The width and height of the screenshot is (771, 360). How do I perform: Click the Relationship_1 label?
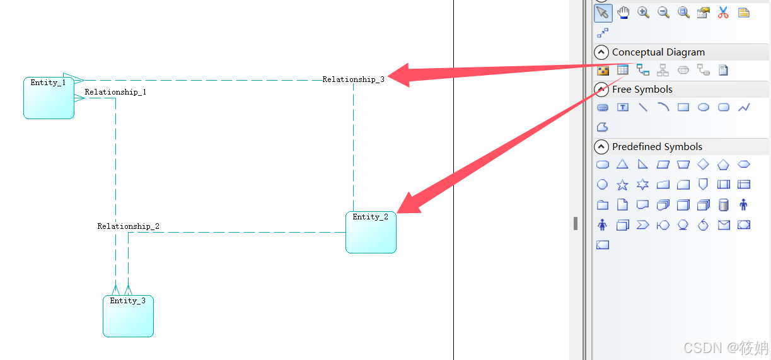[x=116, y=92]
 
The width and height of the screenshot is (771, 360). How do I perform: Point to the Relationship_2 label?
[x=128, y=226]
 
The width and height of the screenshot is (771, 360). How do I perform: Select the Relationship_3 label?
[x=353, y=79]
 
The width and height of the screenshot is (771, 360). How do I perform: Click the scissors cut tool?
[x=723, y=12]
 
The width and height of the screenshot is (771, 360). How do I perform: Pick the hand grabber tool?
[x=623, y=12]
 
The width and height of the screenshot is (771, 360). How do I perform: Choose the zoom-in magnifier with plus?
[x=643, y=12]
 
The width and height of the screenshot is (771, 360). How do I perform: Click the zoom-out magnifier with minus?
[x=663, y=12]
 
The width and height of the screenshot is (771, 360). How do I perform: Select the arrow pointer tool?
[x=603, y=12]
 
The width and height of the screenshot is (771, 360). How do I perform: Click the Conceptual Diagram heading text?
[x=658, y=52]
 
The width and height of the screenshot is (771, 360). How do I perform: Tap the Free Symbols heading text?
[x=642, y=90]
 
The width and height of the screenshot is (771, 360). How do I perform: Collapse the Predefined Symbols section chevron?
[x=601, y=147]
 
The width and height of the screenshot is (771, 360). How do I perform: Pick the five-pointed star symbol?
[x=622, y=185]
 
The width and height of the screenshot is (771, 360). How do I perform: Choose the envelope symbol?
[x=724, y=224]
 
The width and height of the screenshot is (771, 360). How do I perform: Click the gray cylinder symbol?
[x=724, y=204]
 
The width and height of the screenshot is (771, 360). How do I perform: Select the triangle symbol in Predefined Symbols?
[x=622, y=165]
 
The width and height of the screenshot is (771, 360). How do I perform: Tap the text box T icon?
[x=623, y=107]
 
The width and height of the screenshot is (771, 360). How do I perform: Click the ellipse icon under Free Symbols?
[x=704, y=107]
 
